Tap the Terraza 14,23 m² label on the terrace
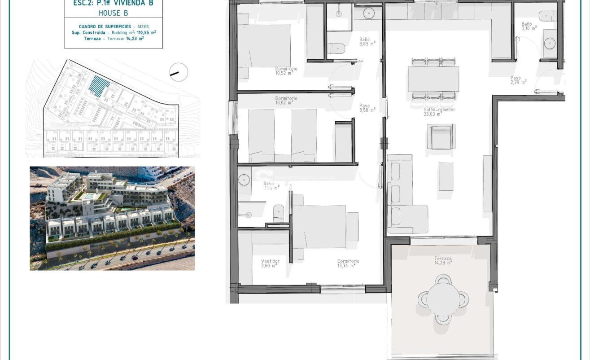tap(443, 261)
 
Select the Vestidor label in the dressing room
tap(270, 263)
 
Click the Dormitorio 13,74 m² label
tap(348, 263)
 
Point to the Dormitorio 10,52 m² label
tap(286, 71)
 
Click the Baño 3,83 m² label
tap(367, 41)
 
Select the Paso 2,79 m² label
tap(517, 80)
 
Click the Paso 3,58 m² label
tap(366, 108)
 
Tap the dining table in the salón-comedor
tap(433, 79)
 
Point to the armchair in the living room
tap(441, 137)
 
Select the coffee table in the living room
tap(446, 176)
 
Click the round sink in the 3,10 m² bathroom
tap(550, 43)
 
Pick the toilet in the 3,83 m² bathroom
tap(336, 48)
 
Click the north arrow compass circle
tap(179, 72)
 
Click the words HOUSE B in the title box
tap(113, 13)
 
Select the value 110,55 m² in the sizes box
tap(147, 33)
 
